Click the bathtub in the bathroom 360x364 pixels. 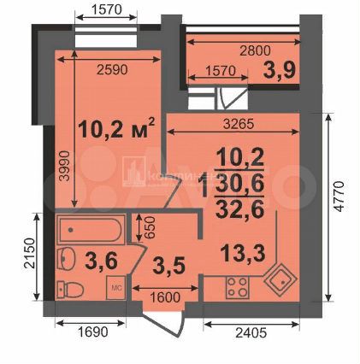point(93,231)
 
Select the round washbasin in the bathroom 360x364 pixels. point(67,258)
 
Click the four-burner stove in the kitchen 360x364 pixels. point(239,289)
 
